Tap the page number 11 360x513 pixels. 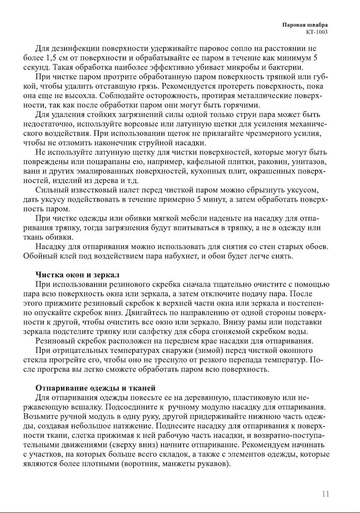[326, 494]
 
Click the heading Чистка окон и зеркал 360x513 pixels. [77, 275]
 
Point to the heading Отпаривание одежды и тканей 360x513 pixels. [95, 389]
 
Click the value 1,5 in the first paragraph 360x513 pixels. [54, 57]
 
